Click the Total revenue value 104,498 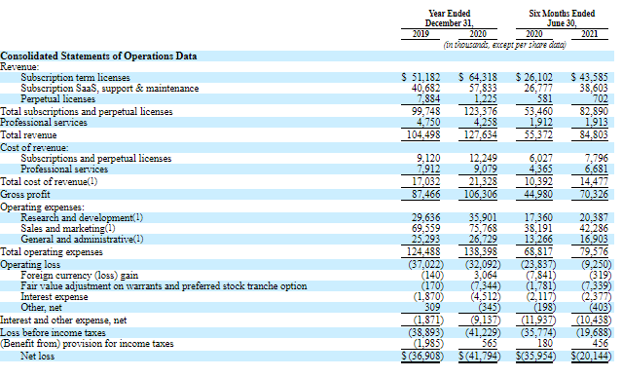tap(423, 135)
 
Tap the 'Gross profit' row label tap(25, 195)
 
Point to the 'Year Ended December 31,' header tap(449, 19)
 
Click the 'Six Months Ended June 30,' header tap(562, 19)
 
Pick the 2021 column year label tap(590, 34)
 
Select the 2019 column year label tap(421, 34)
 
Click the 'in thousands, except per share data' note tap(504, 45)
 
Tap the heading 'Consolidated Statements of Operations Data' tap(98, 56)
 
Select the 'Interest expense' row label tap(55, 297)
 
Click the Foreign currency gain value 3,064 tap(485, 276)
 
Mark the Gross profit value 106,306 tap(481, 195)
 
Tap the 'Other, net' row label tap(41, 308)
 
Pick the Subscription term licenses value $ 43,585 tap(590, 77)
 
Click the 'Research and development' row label tap(82, 218)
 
